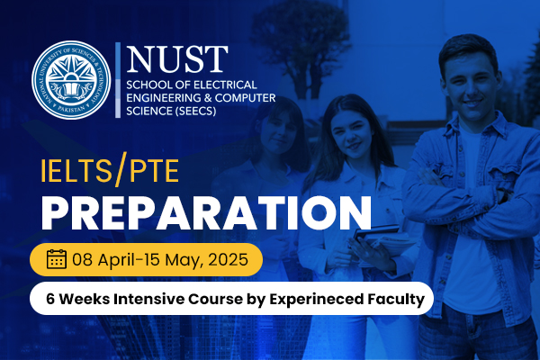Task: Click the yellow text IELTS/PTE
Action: tap(98, 171)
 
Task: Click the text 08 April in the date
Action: tap(107, 260)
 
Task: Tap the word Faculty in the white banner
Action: tap(393, 298)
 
